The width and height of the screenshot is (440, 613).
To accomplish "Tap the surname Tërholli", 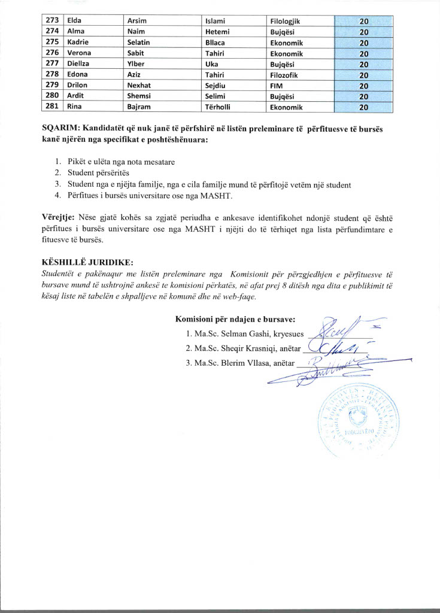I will coord(218,108).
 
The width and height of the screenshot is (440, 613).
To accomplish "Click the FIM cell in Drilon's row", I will coord(277,86).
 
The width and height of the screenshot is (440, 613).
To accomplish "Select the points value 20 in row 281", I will coord(363,108).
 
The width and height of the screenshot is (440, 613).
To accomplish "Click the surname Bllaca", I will coord(215,43).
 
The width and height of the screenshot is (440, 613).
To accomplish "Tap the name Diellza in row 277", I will coord(80,65).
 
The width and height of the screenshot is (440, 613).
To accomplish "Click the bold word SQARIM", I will coord(60,128).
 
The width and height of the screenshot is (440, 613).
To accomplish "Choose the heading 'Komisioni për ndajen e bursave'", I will coord(239,318).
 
